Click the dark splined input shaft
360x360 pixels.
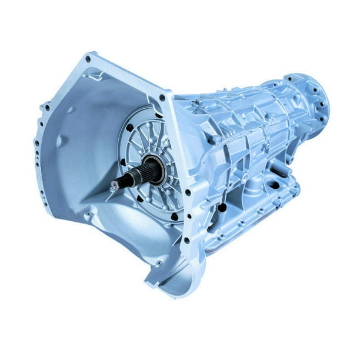click(138, 175)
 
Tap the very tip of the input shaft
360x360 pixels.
click(114, 185)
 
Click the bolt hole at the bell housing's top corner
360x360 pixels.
click(88, 59)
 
